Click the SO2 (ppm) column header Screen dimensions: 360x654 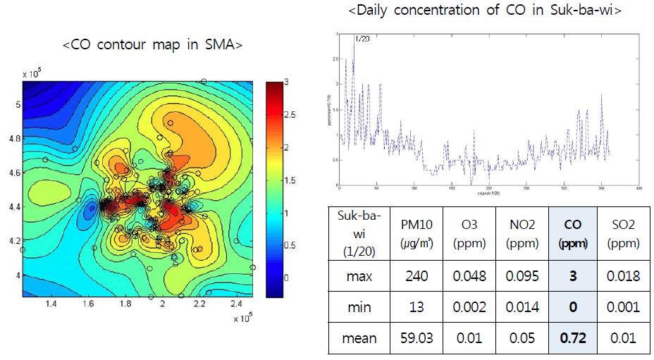click(623, 232)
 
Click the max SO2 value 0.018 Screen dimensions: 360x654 click(623, 275)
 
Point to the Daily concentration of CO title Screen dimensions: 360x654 click(486, 11)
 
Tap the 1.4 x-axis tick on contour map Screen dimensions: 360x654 click(51, 304)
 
